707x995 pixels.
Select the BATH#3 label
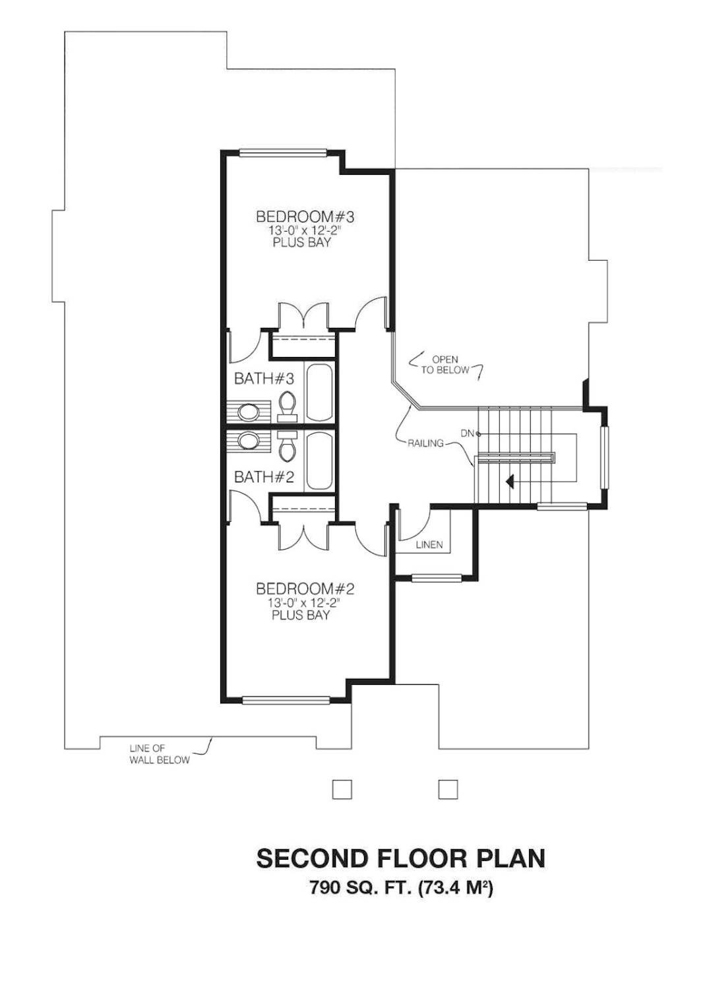(264, 379)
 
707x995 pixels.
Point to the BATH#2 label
(264, 478)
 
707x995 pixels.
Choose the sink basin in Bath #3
(249, 412)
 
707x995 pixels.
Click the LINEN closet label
(429, 545)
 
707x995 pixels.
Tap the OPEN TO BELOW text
(445, 365)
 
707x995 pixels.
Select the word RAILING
(426, 443)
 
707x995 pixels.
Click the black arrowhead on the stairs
(510, 480)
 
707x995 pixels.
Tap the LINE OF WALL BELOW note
(160, 754)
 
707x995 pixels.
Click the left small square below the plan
(342, 789)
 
